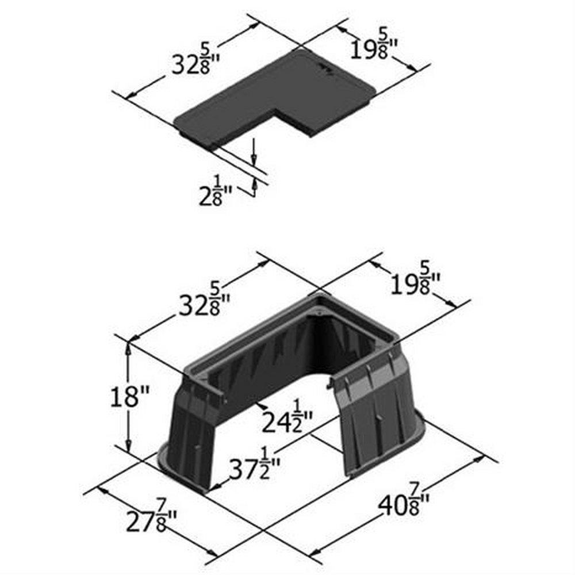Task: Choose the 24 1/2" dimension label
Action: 287,421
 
